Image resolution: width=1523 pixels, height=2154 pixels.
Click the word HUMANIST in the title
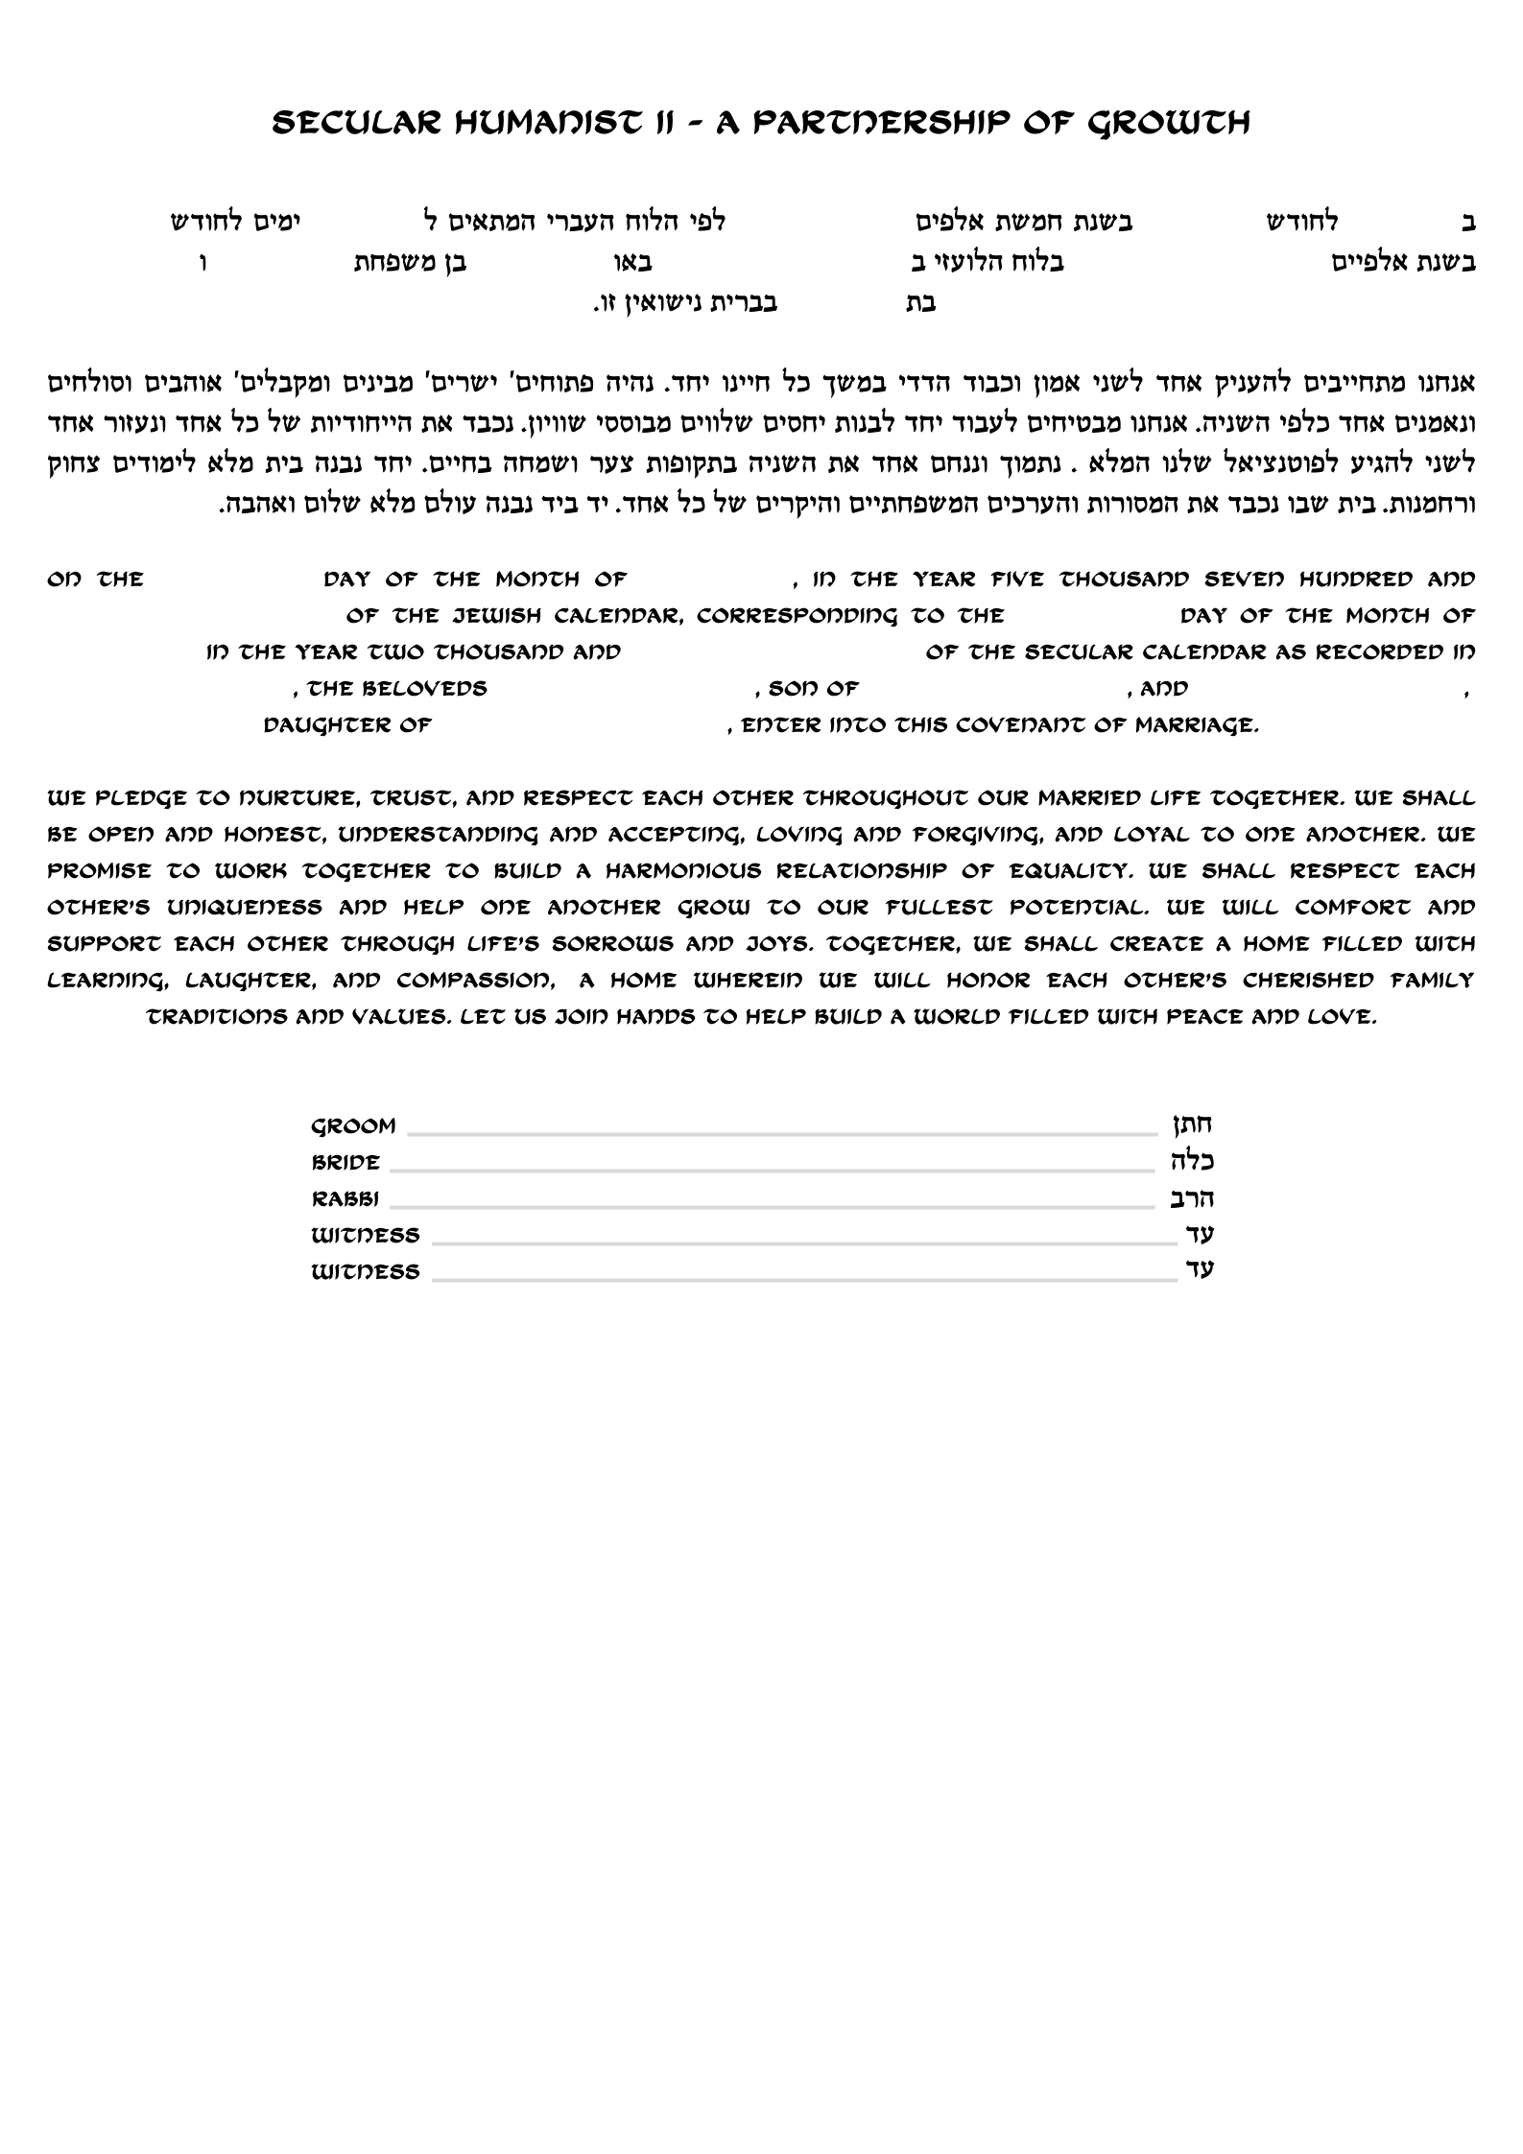click(517, 123)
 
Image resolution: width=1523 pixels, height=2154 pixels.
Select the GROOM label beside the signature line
click(353, 1126)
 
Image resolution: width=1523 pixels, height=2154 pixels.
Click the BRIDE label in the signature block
click(345, 1163)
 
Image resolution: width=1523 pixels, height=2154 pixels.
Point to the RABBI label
click(345, 1199)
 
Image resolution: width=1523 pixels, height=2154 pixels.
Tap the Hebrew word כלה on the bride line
click(1193, 1162)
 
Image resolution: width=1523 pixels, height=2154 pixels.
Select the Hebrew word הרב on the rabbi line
click(1193, 1198)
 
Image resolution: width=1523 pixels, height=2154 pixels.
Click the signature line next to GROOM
click(782, 1134)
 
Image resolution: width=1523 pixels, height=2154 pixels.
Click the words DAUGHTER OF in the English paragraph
click(347, 726)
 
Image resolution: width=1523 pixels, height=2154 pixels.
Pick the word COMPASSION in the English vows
click(474, 981)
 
